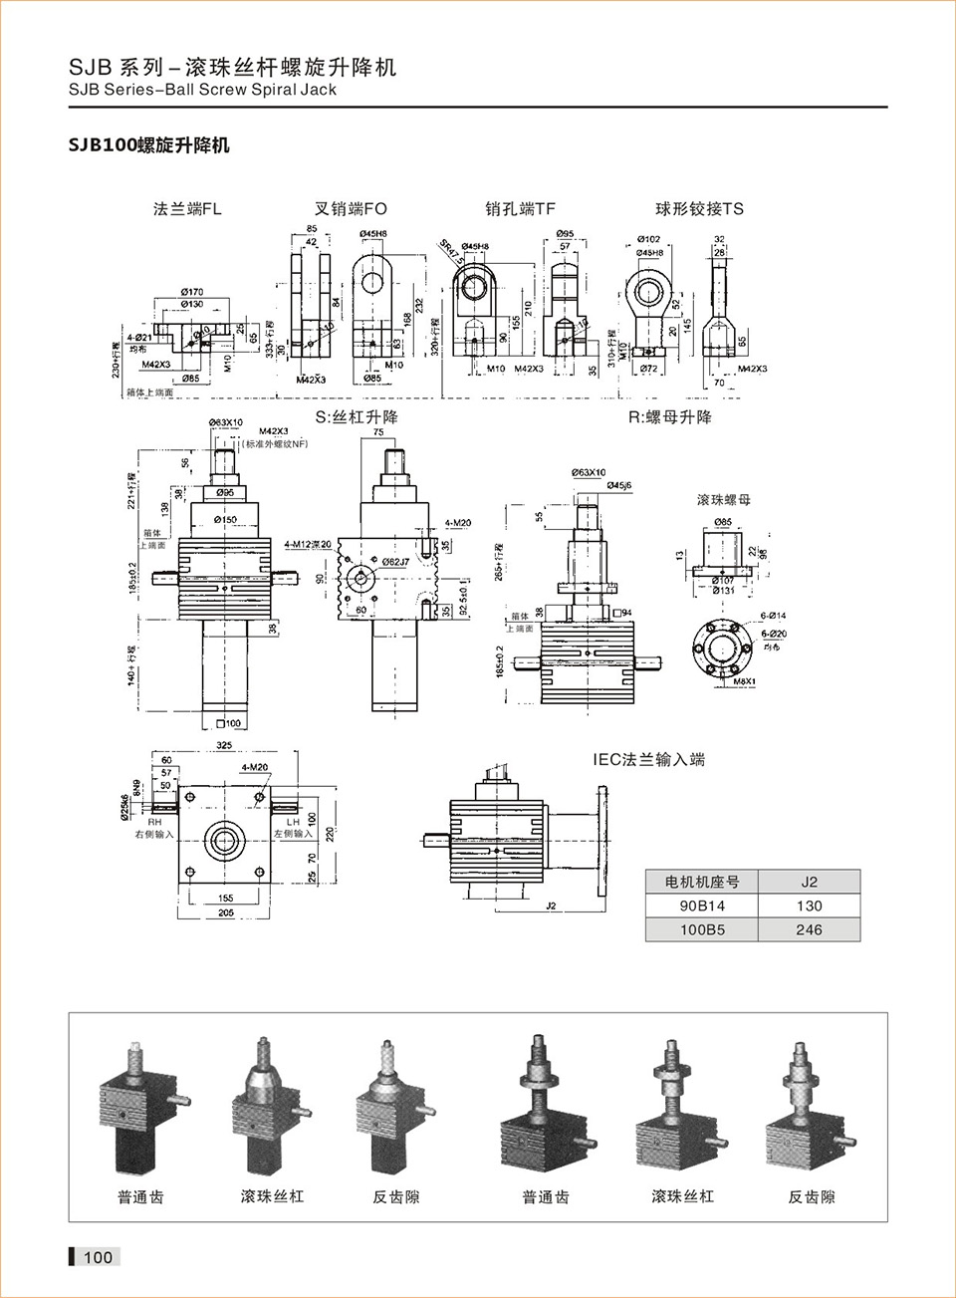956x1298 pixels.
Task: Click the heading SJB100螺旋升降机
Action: tap(148, 145)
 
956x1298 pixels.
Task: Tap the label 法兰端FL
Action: tap(187, 209)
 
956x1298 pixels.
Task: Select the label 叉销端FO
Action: tap(351, 209)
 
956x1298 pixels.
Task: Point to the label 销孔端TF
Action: tap(520, 209)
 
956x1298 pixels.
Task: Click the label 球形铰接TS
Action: tap(699, 209)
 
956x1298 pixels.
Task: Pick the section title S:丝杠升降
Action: tap(357, 417)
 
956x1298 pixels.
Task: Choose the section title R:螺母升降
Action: tap(669, 417)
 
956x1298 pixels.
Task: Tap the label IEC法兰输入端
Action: tap(649, 760)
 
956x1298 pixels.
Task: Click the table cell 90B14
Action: tap(701, 906)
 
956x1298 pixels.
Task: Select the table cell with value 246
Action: tap(809, 929)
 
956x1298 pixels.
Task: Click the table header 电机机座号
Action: tap(701, 882)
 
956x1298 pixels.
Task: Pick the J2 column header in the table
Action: tap(809, 882)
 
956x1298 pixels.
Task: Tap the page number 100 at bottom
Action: tap(98, 1257)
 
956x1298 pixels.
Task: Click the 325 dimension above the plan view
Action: tap(224, 745)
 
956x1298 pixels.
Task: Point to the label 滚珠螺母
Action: tap(724, 500)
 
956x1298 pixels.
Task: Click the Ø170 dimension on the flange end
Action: tap(192, 292)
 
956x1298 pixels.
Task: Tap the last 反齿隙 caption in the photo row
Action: tap(812, 1197)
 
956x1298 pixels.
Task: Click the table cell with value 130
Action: tap(809, 906)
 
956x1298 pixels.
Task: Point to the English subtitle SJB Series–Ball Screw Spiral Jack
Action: tap(202, 90)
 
